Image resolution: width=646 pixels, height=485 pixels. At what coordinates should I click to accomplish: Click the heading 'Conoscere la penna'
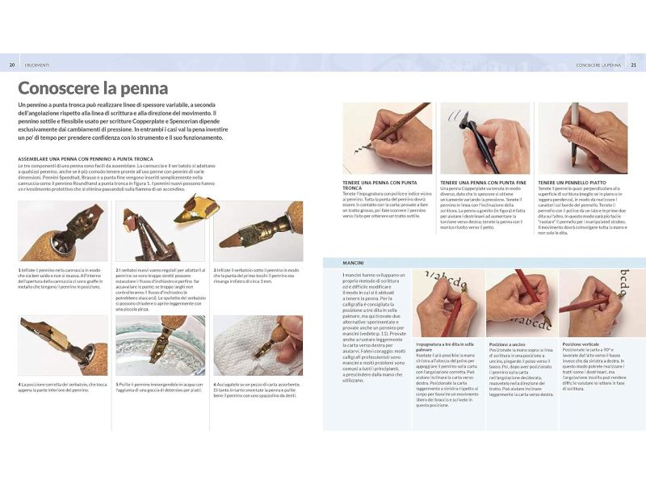point(93,88)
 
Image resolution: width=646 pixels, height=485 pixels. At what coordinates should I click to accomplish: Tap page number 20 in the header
point(12,65)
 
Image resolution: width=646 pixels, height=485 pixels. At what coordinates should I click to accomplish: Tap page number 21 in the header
point(633,65)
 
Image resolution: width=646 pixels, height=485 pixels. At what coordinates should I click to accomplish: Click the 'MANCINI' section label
point(353,263)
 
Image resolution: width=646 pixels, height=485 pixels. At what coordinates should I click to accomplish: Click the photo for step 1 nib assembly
point(62,232)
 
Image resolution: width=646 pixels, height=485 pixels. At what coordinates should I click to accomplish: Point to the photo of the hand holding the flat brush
point(582,137)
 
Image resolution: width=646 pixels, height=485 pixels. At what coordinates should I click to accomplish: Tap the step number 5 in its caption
point(117,383)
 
